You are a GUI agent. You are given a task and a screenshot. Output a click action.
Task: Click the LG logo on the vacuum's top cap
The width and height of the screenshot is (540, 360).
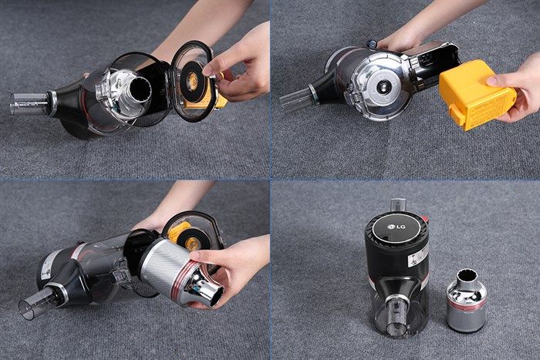coord(397,227)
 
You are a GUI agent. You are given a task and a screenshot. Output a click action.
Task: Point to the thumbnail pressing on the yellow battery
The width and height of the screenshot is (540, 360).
coord(492,81)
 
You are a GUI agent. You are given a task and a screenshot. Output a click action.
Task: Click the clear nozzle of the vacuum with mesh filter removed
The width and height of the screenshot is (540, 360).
coord(33,303)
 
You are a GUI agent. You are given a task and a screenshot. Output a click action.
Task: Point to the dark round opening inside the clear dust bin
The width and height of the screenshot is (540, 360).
coord(140,90)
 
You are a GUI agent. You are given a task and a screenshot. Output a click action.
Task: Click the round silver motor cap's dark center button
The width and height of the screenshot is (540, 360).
coord(382,87)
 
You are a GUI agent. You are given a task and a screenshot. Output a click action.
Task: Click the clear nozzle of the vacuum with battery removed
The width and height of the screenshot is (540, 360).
coord(295,99)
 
